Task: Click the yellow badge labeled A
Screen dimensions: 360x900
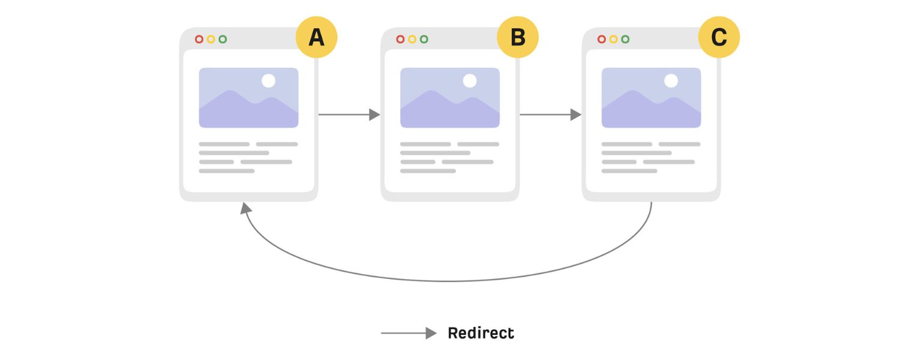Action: coord(316,37)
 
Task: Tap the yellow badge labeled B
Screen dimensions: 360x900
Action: coord(517,37)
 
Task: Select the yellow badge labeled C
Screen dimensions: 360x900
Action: coord(719,37)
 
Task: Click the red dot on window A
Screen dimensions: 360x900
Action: coord(199,39)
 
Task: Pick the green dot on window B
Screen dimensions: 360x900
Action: coord(424,39)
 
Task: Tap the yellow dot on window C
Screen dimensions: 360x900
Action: coord(613,39)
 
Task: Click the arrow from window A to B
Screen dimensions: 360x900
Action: coord(348,115)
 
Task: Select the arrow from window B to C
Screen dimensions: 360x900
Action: coord(550,115)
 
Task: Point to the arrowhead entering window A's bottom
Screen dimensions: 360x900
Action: coord(245,208)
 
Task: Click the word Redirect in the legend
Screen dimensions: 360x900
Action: coord(481,333)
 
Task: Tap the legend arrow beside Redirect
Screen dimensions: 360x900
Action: coord(408,334)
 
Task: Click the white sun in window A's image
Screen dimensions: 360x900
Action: coord(268,80)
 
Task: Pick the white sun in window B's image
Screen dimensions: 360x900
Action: coord(470,80)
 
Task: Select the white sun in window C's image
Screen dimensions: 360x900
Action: coord(671,80)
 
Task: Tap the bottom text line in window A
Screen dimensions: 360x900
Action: coord(226,171)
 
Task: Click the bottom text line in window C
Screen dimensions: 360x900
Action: coord(629,171)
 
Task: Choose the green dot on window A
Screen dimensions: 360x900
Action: coord(223,39)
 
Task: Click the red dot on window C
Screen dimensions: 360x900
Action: coord(602,39)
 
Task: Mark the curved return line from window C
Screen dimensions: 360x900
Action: coord(447,280)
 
